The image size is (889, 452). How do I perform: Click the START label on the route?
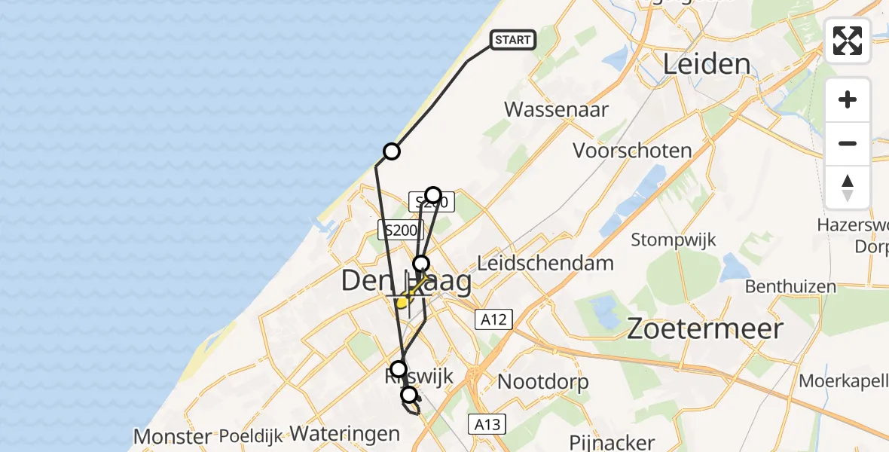[514, 39]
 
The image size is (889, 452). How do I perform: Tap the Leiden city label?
[706, 64]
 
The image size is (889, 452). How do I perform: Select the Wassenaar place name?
[556, 108]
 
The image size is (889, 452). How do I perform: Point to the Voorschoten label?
[632, 150]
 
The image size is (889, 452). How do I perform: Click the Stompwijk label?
[674, 240]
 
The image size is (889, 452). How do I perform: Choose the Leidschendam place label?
[545, 264]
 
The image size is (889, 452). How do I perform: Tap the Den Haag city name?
[406, 282]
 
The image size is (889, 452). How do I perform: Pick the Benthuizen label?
[790, 286]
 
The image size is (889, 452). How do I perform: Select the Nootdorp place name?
[542, 382]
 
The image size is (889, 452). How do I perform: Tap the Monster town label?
[173, 436]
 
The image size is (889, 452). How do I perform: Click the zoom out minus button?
[848, 143]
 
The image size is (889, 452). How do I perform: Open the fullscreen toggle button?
[848, 41]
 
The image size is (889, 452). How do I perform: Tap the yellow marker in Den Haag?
[403, 302]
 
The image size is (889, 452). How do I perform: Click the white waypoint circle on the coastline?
[391, 151]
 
